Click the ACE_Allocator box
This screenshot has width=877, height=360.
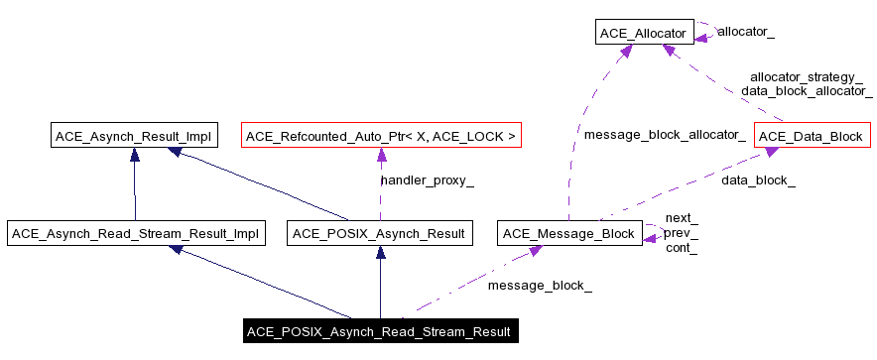(642, 34)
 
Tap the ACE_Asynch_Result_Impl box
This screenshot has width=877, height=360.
(134, 135)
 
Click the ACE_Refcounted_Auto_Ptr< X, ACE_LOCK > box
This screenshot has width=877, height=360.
(381, 135)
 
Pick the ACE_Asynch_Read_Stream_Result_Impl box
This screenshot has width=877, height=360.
(134, 234)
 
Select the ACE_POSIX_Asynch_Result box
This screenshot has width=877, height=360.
(380, 234)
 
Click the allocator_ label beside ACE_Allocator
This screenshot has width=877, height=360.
(745, 32)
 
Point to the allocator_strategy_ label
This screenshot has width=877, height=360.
(806, 76)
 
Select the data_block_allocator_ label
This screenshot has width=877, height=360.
(806, 90)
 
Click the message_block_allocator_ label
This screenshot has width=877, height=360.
(664, 134)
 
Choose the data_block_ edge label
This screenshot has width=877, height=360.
(757, 180)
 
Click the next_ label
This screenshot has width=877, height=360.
(681, 218)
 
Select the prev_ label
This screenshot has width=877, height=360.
(681, 233)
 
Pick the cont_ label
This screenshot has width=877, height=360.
(681, 248)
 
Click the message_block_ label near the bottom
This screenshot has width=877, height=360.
(540, 286)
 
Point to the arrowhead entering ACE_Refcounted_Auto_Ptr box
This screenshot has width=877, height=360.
(381, 153)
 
